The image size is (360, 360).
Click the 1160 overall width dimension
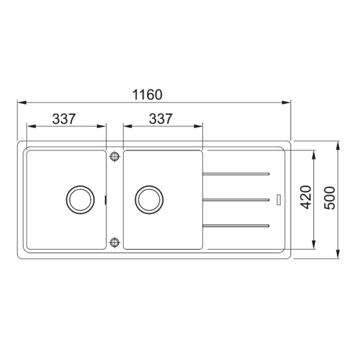click(x=147, y=95)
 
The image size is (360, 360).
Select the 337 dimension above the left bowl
click(x=64, y=119)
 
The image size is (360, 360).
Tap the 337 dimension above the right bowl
click(x=161, y=119)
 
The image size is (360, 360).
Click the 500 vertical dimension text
click(x=330, y=198)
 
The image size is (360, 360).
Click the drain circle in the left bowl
click(x=80, y=199)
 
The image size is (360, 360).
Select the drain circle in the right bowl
click(x=149, y=199)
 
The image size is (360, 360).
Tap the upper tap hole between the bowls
click(x=114, y=156)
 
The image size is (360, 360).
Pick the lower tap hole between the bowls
click(x=114, y=242)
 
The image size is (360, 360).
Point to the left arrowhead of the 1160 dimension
click(x=21, y=103)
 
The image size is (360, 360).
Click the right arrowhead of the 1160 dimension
click(x=287, y=103)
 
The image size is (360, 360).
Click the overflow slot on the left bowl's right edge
click(x=106, y=200)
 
